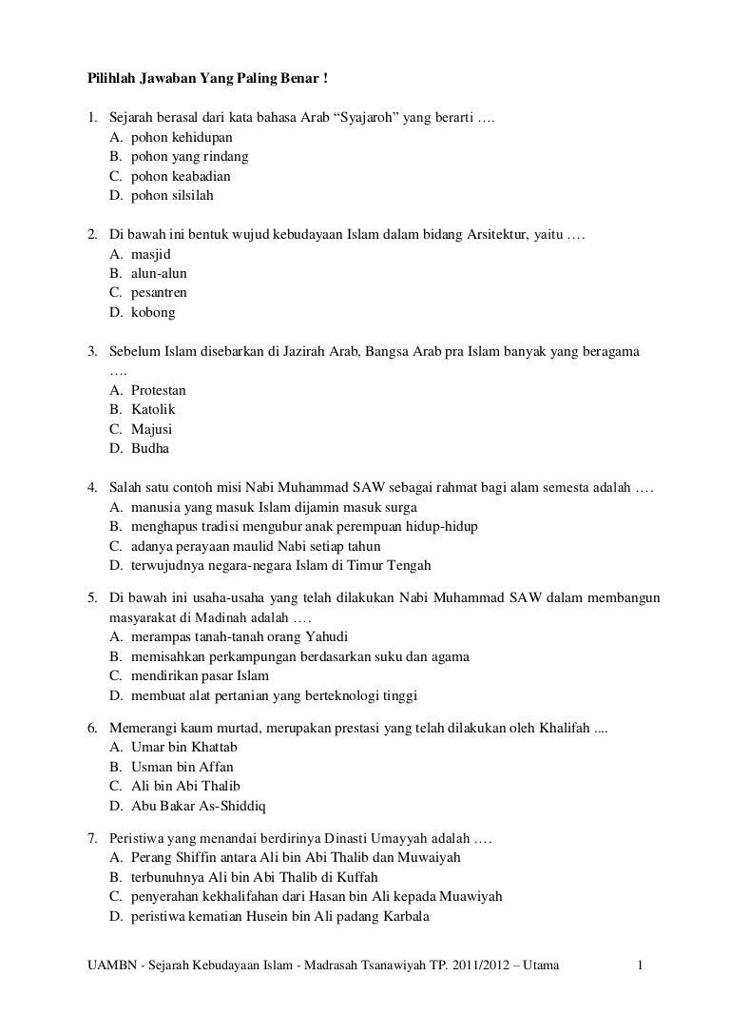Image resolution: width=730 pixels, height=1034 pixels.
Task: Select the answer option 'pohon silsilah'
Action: point(172,196)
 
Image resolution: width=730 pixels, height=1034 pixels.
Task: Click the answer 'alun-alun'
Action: point(159,274)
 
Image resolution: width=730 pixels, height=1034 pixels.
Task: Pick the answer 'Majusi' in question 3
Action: point(152,429)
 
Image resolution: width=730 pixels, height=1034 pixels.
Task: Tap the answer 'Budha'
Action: point(150,448)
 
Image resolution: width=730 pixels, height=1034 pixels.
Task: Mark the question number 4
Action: point(92,488)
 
